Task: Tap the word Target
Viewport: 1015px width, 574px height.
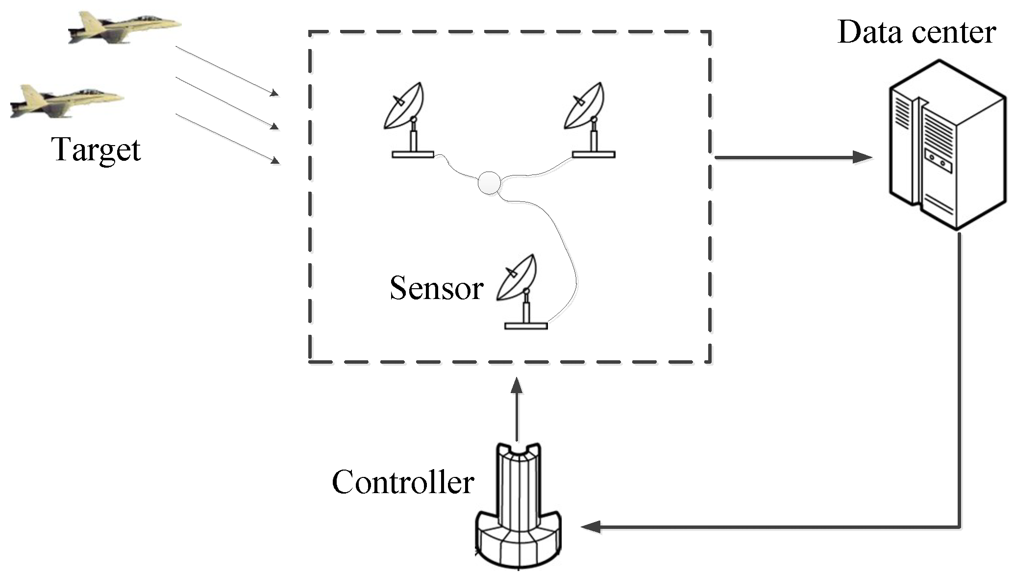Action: coord(96,150)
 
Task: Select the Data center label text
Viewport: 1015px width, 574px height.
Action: coord(916,32)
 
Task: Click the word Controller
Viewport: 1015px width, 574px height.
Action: coord(403,482)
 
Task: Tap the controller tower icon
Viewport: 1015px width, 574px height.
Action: coord(519,505)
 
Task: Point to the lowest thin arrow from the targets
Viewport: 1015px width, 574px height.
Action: coord(228,139)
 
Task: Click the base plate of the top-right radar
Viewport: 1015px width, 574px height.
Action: coord(594,155)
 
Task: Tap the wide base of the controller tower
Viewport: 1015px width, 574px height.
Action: coord(519,539)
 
